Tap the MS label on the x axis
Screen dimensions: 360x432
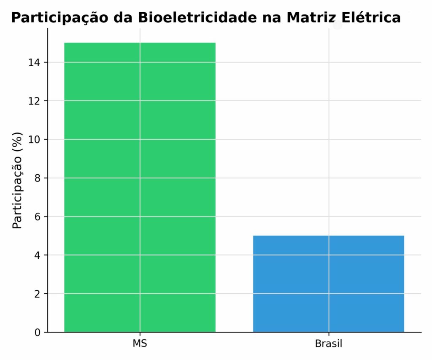coord(140,344)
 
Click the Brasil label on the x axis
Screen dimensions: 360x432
coord(329,344)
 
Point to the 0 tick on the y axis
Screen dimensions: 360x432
coord(38,333)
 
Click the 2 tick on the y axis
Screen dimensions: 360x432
coord(38,294)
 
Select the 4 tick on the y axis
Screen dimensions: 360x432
coord(38,255)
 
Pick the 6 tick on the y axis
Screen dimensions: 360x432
coord(38,217)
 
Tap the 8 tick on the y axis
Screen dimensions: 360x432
coord(38,178)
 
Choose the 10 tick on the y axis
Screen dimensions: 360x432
coord(35,140)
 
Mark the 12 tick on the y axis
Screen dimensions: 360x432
coord(35,101)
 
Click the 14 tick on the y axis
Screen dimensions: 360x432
coord(35,62)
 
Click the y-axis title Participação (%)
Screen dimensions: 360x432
coord(17,180)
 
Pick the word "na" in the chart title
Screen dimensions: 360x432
coord(273,18)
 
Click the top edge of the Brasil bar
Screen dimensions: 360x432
coord(329,236)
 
